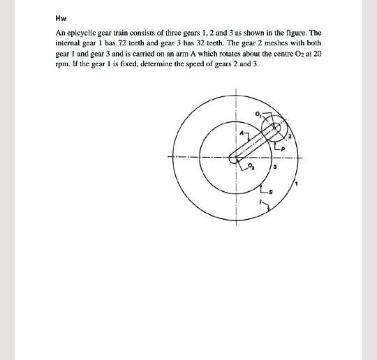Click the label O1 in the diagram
[x=258, y=114]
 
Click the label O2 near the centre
[x=253, y=167]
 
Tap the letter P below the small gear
[x=283, y=148]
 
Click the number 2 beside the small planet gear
[x=290, y=136]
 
